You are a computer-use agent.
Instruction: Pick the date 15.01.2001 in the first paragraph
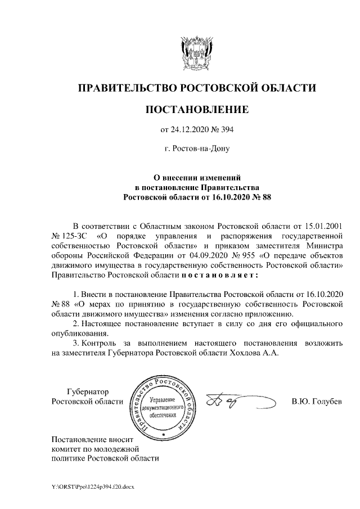tap(325, 225)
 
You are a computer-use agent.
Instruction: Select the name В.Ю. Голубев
tap(317, 402)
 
